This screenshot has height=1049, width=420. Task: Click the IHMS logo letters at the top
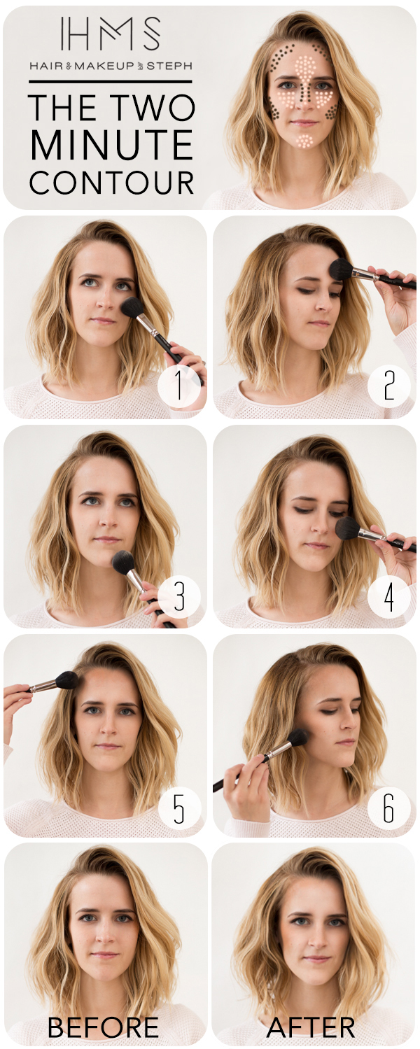pyautogui.click(x=110, y=34)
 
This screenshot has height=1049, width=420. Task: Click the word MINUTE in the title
pyautogui.click(x=111, y=145)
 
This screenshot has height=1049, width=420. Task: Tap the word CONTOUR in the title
pyautogui.click(x=111, y=182)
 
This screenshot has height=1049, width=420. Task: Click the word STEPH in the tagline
pyautogui.click(x=169, y=66)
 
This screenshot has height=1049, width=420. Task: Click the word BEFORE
pyautogui.click(x=103, y=1027)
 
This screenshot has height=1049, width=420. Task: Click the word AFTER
pyautogui.click(x=311, y=1027)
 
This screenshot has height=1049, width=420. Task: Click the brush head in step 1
pyautogui.click(x=132, y=307)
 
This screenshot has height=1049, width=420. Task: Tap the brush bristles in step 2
pyautogui.click(x=341, y=269)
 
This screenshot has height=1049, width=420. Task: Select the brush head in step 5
pyautogui.click(x=68, y=680)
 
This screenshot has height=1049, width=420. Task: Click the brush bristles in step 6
pyautogui.click(x=297, y=739)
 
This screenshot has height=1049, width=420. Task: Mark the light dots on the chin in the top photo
pyautogui.click(x=304, y=141)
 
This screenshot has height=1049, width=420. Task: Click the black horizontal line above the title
pyautogui.click(x=111, y=82)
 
